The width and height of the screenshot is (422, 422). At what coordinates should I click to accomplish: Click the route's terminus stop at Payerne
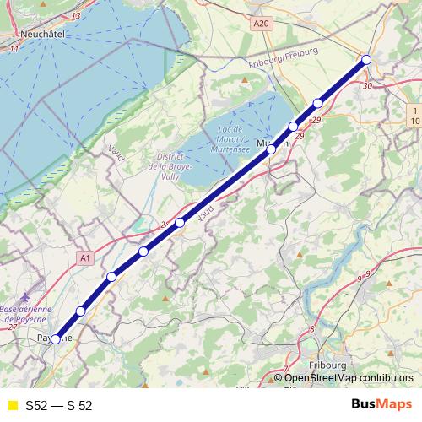click(56, 339)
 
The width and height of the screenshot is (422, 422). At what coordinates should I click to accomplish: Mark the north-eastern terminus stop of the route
click(366, 59)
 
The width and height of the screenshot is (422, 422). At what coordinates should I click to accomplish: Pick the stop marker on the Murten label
click(272, 149)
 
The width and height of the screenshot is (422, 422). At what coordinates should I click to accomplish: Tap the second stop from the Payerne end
click(81, 311)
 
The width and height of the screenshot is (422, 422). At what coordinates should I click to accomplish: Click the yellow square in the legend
click(12, 405)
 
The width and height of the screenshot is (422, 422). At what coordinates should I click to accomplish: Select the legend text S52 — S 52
click(58, 405)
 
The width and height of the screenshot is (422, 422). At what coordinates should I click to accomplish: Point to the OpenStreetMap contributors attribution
click(349, 377)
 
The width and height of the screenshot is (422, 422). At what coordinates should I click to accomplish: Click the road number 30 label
click(366, 86)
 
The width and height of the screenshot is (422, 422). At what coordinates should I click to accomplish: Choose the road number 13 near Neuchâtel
click(77, 15)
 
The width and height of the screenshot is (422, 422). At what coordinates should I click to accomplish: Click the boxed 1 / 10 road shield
click(414, 116)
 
